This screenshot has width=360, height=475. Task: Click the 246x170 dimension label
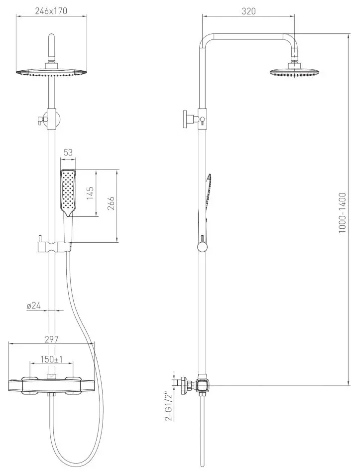point(51,11)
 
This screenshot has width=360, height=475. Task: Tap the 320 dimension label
point(248,11)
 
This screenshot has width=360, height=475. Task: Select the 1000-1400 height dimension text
point(342,213)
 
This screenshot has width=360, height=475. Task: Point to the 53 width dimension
point(68,153)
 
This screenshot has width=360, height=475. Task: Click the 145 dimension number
point(90,193)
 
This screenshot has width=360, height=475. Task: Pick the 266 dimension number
point(111,204)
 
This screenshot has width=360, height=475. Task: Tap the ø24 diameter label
point(34,306)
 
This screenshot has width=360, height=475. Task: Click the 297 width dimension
point(51,339)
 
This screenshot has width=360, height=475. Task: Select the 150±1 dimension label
point(51,359)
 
